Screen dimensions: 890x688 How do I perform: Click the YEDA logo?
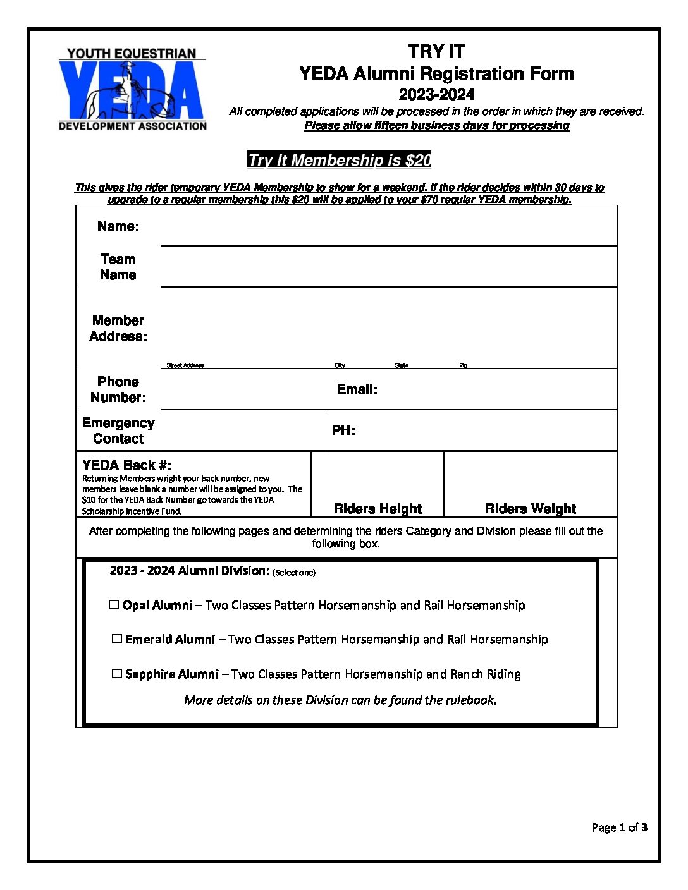click(x=132, y=89)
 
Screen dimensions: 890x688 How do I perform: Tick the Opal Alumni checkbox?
click(x=114, y=605)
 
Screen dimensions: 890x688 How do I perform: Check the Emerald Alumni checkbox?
click(x=117, y=639)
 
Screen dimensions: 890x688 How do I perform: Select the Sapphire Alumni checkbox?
click(x=117, y=674)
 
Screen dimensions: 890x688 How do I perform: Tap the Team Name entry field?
click(x=388, y=272)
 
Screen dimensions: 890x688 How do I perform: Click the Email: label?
click(x=357, y=389)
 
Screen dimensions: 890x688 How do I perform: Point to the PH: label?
click(x=343, y=430)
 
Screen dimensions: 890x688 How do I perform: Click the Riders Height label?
click(x=378, y=509)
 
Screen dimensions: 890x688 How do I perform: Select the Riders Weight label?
click(x=530, y=509)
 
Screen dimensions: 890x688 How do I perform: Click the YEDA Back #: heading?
click(x=126, y=465)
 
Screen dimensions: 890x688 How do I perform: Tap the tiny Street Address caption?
click(x=185, y=365)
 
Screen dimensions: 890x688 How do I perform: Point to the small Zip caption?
click(x=464, y=365)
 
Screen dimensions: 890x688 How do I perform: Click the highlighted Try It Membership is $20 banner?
click(x=340, y=160)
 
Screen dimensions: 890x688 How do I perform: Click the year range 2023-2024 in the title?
click(x=436, y=95)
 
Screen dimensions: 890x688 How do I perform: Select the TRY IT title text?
click(x=436, y=51)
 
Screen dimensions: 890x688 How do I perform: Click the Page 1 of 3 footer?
click(x=619, y=827)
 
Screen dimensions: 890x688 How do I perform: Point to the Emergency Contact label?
click(x=118, y=430)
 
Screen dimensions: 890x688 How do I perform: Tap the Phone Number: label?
click(x=118, y=389)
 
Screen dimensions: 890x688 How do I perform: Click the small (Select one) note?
click(x=294, y=573)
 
